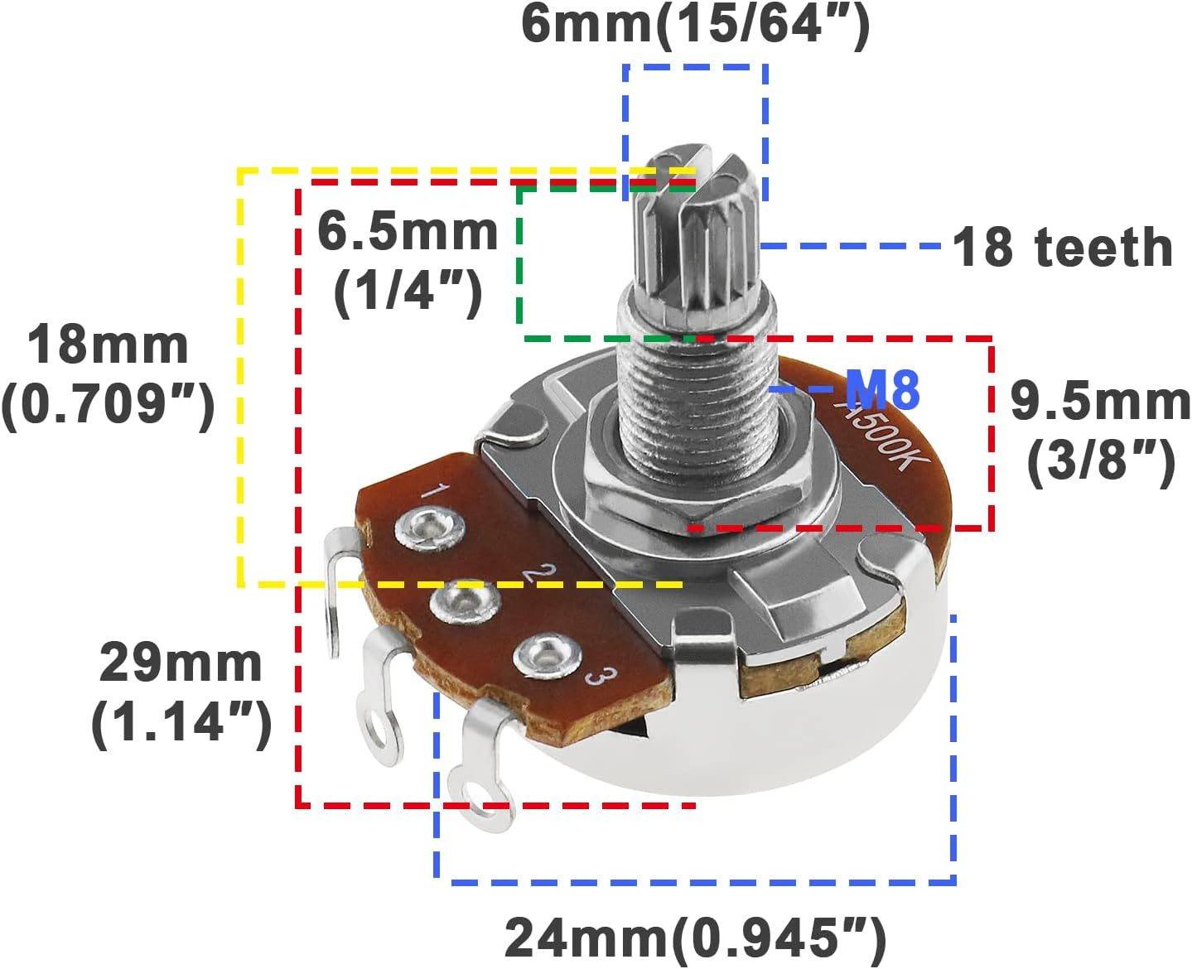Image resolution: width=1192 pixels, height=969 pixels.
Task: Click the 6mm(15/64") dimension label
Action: (696, 25)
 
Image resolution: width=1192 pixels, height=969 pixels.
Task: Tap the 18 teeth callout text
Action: (1062, 247)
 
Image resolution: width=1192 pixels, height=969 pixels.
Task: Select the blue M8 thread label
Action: (882, 389)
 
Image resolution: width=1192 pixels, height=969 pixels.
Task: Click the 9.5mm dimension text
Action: (1100, 402)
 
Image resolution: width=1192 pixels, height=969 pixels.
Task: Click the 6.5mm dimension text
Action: (408, 232)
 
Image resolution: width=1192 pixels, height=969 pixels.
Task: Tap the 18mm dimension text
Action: (108, 345)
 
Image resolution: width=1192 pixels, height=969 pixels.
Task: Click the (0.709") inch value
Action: (108, 404)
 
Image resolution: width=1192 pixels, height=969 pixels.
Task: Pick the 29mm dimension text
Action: (181, 663)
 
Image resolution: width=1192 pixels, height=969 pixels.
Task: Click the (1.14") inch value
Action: (181, 722)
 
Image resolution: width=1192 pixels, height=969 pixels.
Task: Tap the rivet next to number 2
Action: (465, 601)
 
